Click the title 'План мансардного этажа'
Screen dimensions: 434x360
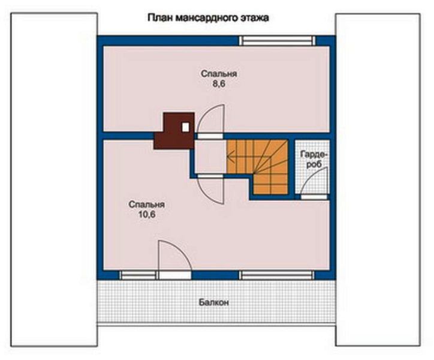pos(208,18)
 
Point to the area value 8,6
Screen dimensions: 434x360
pos(219,84)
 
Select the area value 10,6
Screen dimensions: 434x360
pos(147,215)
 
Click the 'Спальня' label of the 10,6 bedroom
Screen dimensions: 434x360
pos(147,205)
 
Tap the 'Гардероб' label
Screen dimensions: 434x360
pos(314,159)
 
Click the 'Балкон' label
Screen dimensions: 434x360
pos(214,302)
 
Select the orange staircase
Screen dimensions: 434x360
pos(257,167)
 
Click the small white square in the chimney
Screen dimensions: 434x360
pos(185,127)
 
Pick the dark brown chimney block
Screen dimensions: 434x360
pos(174,131)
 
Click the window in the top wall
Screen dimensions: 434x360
pos(278,40)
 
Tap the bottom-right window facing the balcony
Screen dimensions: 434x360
pos(278,275)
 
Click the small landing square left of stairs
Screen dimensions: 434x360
pos(210,157)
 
